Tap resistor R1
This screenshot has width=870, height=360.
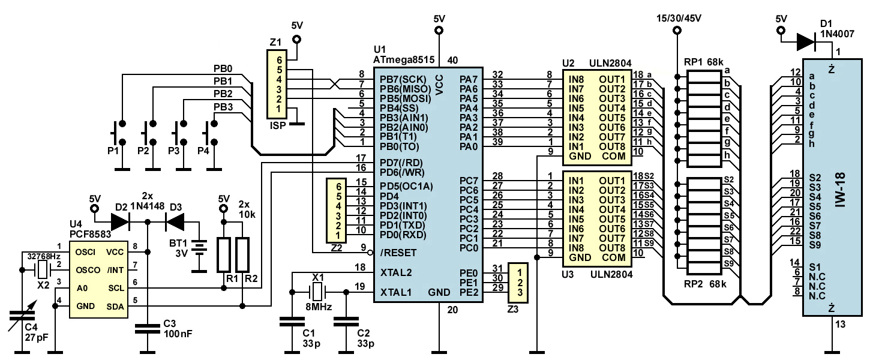pyautogui.click(x=224, y=255)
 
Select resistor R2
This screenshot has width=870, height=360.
pyautogui.click(x=242, y=255)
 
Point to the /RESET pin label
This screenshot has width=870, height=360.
pyautogui.click(x=398, y=252)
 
